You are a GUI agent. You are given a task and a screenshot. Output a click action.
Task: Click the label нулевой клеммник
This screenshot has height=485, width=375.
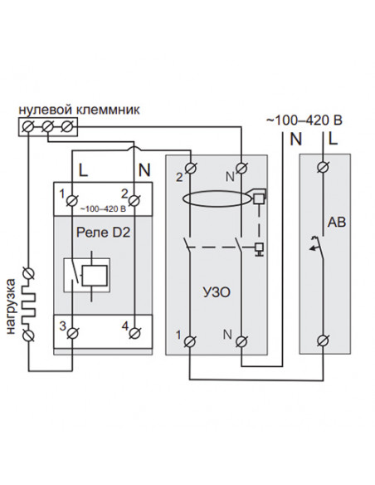tap(80, 110)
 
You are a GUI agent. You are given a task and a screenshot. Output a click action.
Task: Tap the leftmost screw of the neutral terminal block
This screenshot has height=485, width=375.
tap(28, 126)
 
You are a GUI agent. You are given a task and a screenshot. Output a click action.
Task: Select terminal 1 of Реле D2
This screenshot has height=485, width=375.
tap(72, 200)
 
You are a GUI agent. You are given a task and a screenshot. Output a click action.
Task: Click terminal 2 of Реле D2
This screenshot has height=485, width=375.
tap(134, 200)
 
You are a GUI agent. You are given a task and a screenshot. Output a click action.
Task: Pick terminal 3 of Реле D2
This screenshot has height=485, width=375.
tap(72, 333)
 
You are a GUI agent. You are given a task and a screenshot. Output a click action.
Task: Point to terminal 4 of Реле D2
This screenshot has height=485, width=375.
tap(134, 333)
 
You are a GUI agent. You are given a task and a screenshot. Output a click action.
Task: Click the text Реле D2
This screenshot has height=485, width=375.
tap(103, 233)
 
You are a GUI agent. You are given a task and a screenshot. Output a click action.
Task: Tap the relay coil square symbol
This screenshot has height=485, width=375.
tap(95, 275)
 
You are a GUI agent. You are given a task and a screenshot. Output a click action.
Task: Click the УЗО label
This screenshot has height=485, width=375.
tap(217, 292)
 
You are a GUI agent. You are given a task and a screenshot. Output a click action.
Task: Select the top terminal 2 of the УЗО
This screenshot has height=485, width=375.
tap(191, 169)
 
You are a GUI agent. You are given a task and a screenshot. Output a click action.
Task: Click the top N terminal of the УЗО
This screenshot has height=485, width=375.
tap(241, 169)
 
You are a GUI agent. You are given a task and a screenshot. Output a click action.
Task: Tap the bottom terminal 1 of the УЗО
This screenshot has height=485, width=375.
tap(189, 341)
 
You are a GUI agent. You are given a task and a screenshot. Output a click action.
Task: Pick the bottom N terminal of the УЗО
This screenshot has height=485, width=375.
tap(241, 341)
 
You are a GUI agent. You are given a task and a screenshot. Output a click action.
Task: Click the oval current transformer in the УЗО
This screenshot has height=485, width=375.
tap(217, 198)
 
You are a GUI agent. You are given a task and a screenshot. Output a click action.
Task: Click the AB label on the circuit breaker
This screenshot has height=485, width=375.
tap(337, 222)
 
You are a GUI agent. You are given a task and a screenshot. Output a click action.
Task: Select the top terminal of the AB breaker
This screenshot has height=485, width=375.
tap(323, 167)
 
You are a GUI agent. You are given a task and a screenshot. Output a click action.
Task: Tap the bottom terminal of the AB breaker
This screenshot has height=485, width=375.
tap(323, 340)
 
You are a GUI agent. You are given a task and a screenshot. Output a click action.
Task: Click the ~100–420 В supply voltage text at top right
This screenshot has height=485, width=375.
tap(304, 120)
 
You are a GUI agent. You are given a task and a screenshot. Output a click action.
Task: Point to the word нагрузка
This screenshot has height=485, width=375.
tap(11, 306)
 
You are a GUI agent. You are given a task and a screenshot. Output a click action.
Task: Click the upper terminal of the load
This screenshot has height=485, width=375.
tap(28, 274)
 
